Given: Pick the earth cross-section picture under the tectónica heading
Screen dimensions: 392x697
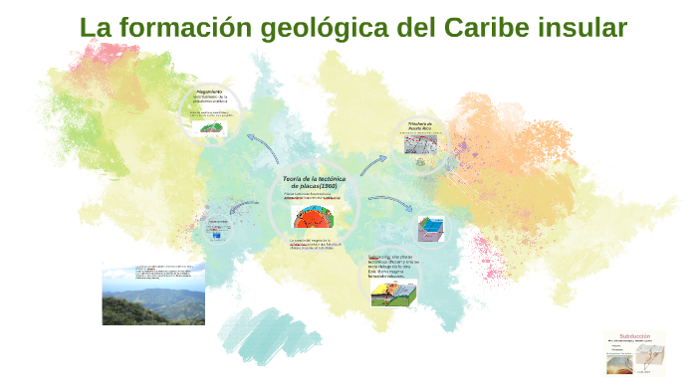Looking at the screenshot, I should point(317,214).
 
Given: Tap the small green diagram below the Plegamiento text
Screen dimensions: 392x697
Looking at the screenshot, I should point(211,127).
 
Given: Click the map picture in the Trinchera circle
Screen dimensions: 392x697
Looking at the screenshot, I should point(421,143).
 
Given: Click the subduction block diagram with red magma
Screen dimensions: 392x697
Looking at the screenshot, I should point(394,291).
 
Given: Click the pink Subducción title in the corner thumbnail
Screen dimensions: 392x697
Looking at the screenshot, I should point(634,336).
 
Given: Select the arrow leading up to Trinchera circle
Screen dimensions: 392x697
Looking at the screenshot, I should point(373,163).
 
